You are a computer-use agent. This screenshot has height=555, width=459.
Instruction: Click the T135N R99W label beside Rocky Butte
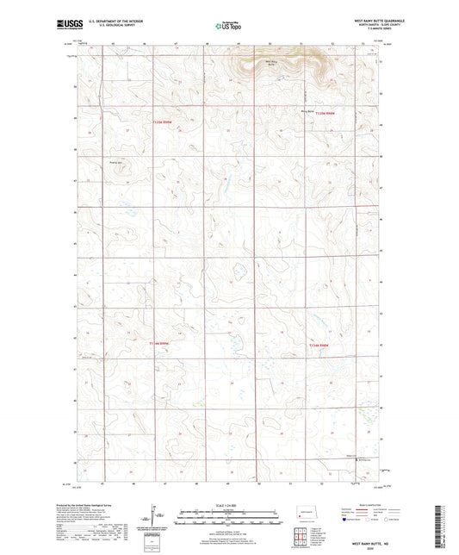tap(324, 114)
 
